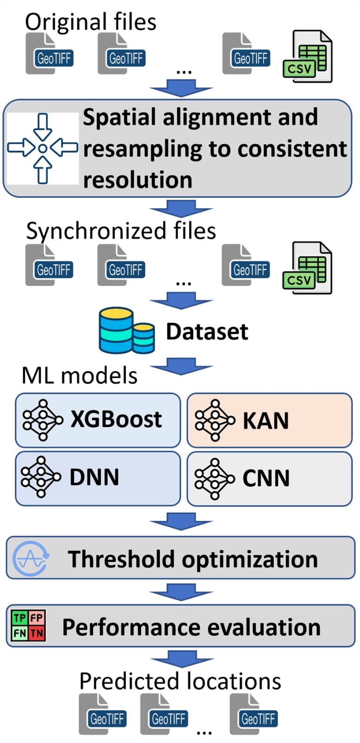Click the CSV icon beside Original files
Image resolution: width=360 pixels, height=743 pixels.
coord(307,57)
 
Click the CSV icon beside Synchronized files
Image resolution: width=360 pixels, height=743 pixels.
coord(307,268)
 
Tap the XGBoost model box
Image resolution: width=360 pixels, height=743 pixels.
coord(98,419)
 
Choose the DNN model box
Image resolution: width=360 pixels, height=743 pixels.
coord(98,478)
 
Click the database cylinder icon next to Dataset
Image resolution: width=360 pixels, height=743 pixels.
coord(126,330)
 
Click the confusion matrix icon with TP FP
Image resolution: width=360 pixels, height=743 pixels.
coord(28,626)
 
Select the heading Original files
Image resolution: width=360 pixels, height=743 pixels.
coord(91,22)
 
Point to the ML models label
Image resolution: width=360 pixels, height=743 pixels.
coord(79,375)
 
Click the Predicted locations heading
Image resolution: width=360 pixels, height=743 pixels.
coord(180,681)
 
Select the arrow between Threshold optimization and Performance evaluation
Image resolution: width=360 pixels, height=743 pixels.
coord(181,593)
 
